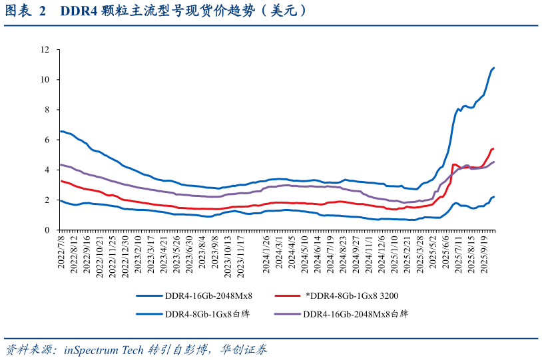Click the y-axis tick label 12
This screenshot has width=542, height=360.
45,49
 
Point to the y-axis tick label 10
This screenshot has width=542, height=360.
45,79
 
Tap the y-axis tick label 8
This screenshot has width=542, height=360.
47,110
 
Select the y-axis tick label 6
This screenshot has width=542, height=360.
47,140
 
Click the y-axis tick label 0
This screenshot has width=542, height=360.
47,230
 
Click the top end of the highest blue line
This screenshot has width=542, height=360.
493,68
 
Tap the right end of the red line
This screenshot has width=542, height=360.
493,148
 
